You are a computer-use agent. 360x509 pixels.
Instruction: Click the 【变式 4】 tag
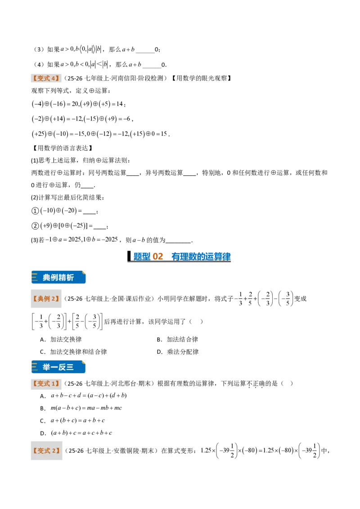(x=46, y=78)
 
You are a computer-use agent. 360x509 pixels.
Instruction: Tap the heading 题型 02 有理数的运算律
(x=179, y=256)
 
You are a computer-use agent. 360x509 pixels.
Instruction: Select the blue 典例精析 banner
(x=58, y=277)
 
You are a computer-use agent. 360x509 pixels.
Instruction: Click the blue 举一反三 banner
(x=58, y=367)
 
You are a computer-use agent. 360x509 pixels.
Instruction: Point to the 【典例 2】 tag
(x=46, y=299)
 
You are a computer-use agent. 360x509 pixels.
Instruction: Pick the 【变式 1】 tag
(x=46, y=384)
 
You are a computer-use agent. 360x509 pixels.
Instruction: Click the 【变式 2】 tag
(x=46, y=451)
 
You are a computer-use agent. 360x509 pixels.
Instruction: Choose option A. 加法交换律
(x=61, y=339)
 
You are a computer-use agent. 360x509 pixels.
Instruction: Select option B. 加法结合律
(x=177, y=339)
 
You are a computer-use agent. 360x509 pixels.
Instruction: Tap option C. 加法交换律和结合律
(x=73, y=352)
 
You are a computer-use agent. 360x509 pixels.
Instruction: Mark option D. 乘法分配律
(x=178, y=352)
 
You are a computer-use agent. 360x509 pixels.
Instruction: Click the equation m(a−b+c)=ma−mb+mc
(x=86, y=408)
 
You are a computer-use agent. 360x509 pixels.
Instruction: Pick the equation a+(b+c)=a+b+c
(x=78, y=420)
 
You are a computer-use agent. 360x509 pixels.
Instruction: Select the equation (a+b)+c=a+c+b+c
(x=81, y=433)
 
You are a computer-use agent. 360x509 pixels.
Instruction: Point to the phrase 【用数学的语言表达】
(x=62, y=148)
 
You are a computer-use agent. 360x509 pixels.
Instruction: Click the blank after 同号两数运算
(x=133, y=174)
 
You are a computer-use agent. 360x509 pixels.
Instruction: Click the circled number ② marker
(x=35, y=226)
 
